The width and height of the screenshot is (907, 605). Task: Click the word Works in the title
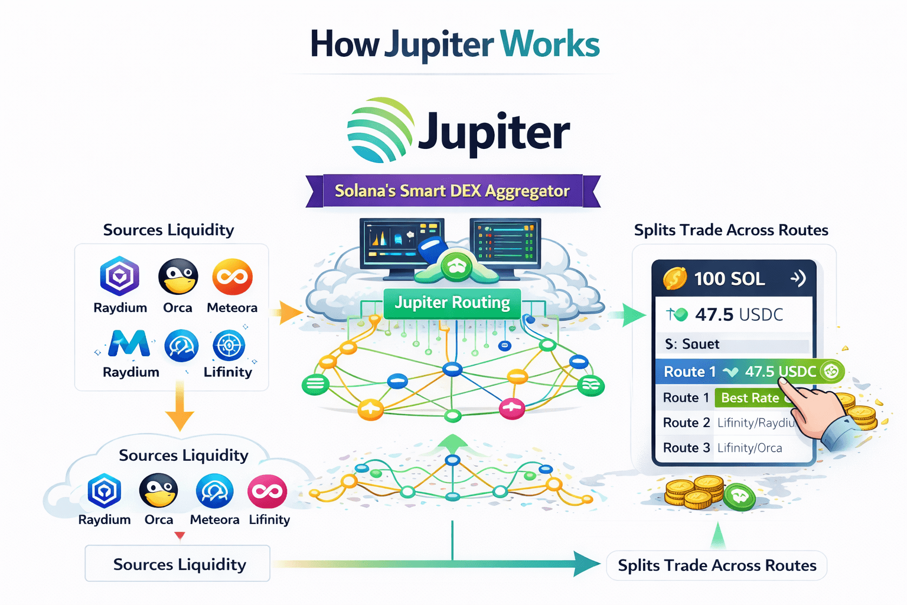click(x=550, y=44)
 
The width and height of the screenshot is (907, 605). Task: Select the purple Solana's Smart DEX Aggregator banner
click(x=452, y=191)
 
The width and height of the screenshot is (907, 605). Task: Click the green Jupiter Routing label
click(x=452, y=303)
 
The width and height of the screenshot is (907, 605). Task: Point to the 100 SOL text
click(x=729, y=279)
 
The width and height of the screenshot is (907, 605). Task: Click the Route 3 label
click(x=686, y=448)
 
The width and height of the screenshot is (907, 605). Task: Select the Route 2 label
click(x=686, y=423)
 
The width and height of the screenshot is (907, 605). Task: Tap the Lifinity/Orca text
click(x=749, y=448)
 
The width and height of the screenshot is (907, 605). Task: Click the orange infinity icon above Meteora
click(x=233, y=277)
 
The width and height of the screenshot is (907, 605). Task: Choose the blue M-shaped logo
click(x=129, y=344)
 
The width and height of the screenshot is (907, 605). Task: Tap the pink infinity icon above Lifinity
click(x=267, y=491)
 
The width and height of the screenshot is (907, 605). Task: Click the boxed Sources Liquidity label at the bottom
click(x=178, y=564)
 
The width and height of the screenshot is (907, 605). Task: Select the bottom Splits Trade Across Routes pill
click(x=717, y=566)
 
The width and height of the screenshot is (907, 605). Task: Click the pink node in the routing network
click(x=512, y=407)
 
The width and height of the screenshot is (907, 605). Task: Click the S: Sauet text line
click(x=692, y=344)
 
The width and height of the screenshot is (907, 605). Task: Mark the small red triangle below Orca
click(x=180, y=536)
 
